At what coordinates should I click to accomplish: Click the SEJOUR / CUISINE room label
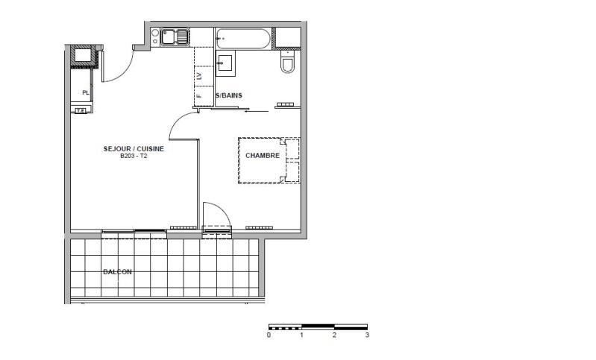(134, 149)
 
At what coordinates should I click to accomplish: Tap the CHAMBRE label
(263, 156)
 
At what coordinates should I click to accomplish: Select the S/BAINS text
(228, 96)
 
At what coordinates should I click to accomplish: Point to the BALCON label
(117, 272)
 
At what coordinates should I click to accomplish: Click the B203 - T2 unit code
(134, 157)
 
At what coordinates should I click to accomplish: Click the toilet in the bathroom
(288, 63)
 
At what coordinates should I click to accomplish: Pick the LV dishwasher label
(199, 76)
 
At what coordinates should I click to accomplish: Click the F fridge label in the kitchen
(199, 96)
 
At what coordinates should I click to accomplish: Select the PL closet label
(86, 92)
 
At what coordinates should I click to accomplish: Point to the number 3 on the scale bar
(367, 335)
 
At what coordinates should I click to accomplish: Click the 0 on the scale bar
(269, 335)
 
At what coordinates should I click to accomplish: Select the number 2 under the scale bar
(334, 335)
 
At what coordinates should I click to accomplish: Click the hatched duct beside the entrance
(81, 55)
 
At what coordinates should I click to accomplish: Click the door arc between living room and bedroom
(183, 127)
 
